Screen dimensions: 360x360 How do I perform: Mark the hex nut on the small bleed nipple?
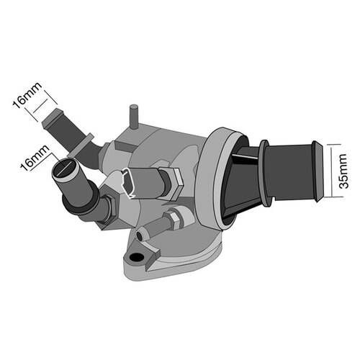coord(174,217)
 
